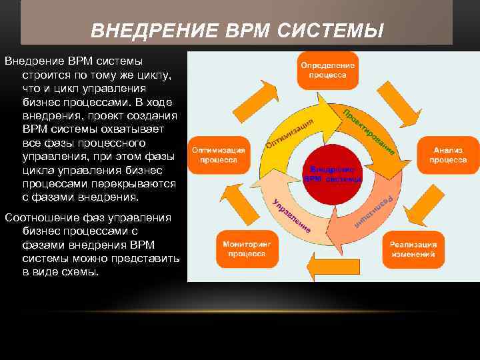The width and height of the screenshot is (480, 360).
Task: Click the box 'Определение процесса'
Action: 327,71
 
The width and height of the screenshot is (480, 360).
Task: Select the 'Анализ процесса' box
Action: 447,155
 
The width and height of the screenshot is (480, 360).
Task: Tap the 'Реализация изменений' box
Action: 413,249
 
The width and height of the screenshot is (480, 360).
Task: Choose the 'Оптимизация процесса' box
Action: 219,155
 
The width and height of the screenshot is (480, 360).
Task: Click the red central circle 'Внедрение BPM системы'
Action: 333,175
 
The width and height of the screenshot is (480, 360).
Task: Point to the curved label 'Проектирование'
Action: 369,131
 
